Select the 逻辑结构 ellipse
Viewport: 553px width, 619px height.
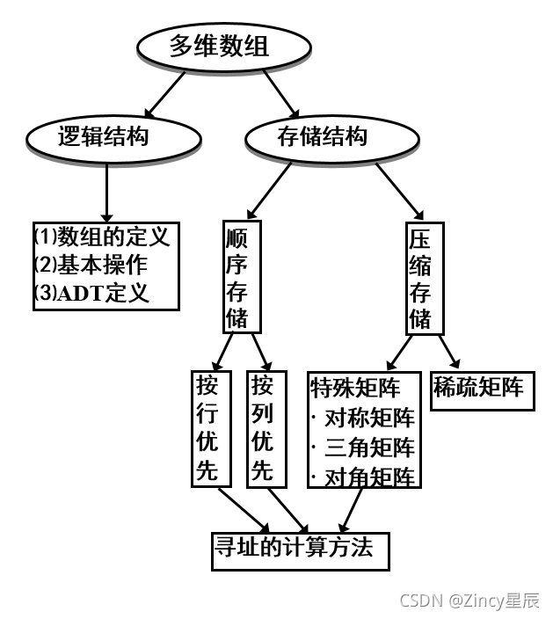103,137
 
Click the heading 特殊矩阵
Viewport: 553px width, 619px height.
355,387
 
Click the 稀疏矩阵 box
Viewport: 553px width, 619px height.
479,387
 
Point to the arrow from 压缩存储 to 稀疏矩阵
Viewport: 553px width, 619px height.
447,352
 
